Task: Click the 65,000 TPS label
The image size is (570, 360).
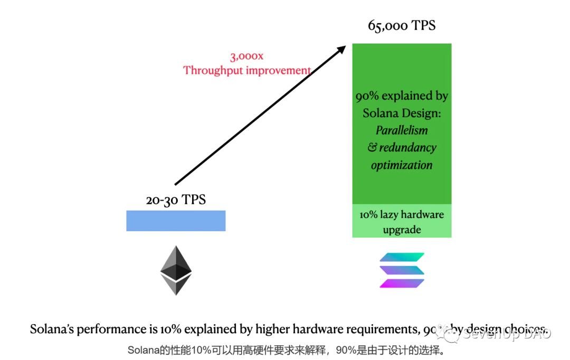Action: pyautogui.click(x=402, y=25)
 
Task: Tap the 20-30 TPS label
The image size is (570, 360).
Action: pyautogui.click(x=176, y=200)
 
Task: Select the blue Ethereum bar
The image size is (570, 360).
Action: pyautogui.click(x=176, y=221)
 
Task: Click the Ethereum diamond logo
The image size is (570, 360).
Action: pyautogui.click(x=176, y=270)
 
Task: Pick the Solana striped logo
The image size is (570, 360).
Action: pyautogui.click(x=402, y=270)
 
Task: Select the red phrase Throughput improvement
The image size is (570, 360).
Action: pyautogui.click(x=247, y=70)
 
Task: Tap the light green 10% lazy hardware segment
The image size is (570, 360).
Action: pyautogui.click(x=402, y=221)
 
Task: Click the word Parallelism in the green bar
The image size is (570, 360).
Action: pyautogui.click(x=402, y=130)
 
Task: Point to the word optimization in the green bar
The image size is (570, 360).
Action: pyautogui.click(x=402, y=165)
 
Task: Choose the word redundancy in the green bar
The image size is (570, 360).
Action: pyautogui.click(x=407, y=147)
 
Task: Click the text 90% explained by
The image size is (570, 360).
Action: pyautogui.click(x=402, y=96)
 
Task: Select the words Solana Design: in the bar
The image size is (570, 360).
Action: pyautogui.click(x=402, y=113)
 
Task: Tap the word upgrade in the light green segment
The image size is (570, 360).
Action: pyautogui.click(x=402, y=230)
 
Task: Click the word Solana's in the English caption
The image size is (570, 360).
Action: pyautogui.click(x=52, y=329)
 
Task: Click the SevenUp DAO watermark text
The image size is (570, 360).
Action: pyautogui.click(x=507, y=334)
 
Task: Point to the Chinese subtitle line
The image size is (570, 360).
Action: pyautogui.click(x=286, y=350)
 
